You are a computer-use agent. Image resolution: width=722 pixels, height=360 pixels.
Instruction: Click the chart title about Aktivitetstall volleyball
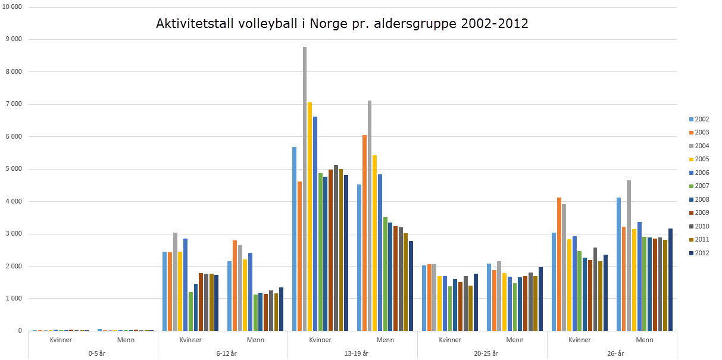click(342, 24)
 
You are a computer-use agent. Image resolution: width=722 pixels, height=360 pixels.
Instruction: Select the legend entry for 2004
click(700, 146)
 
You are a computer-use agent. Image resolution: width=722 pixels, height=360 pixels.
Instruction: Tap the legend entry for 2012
click(700, 253)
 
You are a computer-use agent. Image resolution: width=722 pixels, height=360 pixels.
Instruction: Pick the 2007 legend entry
click(700, 186)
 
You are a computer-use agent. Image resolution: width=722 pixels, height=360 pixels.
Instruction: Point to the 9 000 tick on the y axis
click(13, 39)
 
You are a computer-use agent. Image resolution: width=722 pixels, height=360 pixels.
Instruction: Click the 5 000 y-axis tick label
click(13, 169)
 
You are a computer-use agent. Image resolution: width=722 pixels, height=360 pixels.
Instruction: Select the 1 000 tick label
click(13, 298)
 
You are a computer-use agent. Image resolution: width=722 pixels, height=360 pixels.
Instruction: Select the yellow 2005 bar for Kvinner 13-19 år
click(310, 217)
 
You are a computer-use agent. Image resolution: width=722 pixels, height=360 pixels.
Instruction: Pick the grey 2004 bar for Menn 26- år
click(629, 255)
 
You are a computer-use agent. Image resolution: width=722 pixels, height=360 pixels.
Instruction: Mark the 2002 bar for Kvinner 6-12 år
click(165, 291)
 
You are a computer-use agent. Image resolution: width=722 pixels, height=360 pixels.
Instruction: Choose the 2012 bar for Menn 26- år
click(671, 280)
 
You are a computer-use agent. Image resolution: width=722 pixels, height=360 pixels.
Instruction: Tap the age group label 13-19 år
click(352, 353)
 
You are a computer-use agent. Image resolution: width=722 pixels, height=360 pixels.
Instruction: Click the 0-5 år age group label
click(93, 353)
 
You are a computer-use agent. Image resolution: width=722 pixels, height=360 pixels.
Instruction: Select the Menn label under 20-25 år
click(515, 340)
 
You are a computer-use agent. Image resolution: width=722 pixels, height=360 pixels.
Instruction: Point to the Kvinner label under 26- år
click(580, 340)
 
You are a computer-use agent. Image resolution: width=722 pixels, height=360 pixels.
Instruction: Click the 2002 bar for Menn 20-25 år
click(489, 297)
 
